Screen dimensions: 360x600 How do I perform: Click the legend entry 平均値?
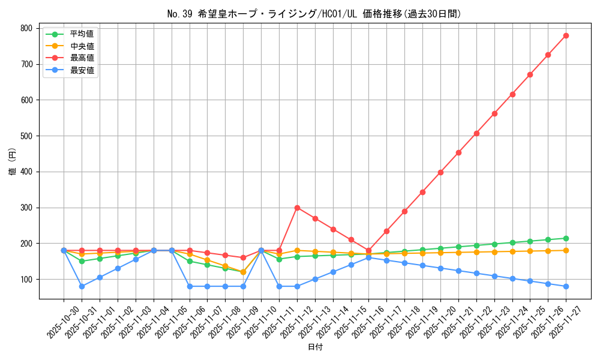point(82,34)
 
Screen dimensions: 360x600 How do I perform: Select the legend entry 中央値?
point(82,46)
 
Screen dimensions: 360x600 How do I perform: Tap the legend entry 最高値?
point(82,58)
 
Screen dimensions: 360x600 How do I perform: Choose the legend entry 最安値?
point(82,70)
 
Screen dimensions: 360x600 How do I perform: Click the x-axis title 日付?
point(315,347)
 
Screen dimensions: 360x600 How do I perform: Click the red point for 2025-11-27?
point(566,35)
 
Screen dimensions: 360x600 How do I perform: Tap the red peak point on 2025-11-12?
point(297,208)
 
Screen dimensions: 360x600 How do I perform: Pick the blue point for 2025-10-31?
point(82,286)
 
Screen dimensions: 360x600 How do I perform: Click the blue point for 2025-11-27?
point(566,286)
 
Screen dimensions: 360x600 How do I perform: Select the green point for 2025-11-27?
point(566,238)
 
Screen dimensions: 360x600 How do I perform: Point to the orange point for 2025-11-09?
point(243,272)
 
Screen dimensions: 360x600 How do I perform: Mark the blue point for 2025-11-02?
point(118,268)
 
